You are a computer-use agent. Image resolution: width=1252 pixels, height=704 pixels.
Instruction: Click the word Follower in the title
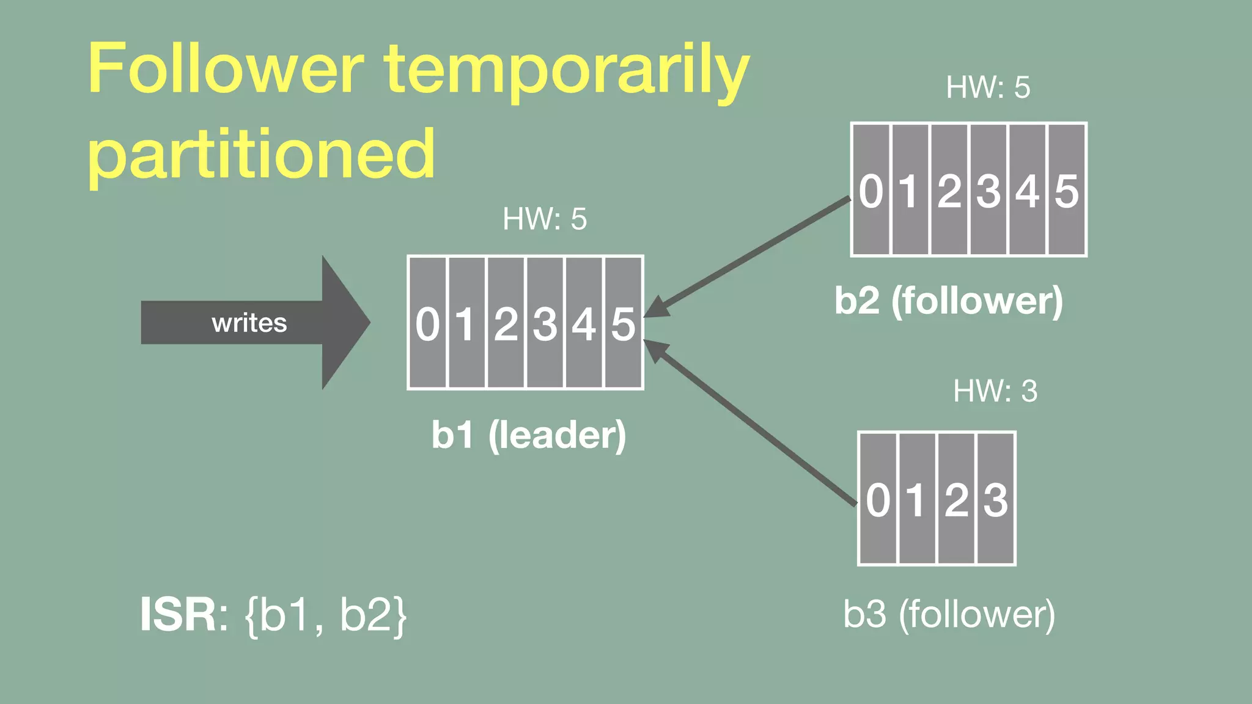226,68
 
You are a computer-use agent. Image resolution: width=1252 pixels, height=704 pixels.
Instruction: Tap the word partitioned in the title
262,154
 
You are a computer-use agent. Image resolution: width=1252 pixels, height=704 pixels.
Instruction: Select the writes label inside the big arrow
249,323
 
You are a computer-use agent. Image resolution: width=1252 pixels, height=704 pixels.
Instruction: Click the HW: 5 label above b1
544,219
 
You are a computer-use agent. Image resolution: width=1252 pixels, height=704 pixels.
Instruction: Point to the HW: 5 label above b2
988,87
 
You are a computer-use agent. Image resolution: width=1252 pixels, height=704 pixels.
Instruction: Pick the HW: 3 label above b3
995,391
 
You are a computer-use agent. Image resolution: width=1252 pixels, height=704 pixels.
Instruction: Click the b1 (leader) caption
529,435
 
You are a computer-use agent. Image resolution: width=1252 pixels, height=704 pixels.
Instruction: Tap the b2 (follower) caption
949,301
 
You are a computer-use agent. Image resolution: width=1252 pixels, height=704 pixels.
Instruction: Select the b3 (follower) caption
949,614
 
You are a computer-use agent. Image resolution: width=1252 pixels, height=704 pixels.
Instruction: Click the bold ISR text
178,615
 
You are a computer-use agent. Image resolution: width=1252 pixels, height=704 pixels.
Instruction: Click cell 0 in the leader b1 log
427,323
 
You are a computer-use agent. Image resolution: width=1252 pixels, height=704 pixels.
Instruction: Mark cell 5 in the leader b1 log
624,323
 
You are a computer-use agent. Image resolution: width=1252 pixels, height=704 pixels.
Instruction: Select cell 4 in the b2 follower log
1028,190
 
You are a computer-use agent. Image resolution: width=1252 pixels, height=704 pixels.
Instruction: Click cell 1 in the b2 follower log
910,190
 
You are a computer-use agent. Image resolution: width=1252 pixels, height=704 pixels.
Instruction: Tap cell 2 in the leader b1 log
506,323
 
